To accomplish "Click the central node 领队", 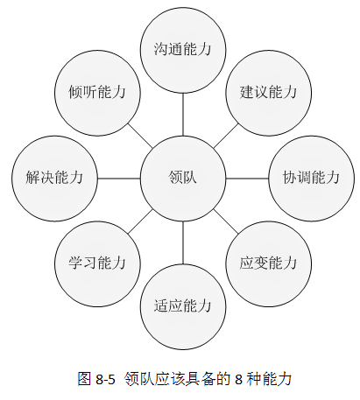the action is pyautogui.click(x=183, y=179).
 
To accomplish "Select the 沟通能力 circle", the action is pyautogui.click(x=183, y=50).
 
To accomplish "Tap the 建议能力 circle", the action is pyautogui.click(x=269, y=93).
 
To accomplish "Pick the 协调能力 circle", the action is pyautogui.click(x=312, y=179).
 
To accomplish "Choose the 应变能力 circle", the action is pyautogui.click(x=269, y=263).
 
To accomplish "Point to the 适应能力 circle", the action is pyautogui.click(x=183, y=306).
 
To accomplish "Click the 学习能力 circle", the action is pyautogui.click(x=97, y=263).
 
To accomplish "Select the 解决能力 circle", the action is pyautogui.click(x=54, y=179).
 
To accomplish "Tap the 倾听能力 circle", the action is pyautogui.click(x=97, y=93).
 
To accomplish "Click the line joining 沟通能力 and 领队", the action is pyautogui.click(x=183, y=115).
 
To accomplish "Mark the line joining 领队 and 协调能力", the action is pyautogui.click(x=247, y=179).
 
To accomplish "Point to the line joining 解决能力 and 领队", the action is pyautogui.click(x=119, y=179).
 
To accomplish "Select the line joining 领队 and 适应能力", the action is pyautogui.click(x=183, y=242).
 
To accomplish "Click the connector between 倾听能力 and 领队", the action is pyautogui.click(x=140, y=136).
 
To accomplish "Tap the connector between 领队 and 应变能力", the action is pyautogui.click(x=226, y=221).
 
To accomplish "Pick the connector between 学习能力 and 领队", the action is pyautogui.click(x=140, y=221).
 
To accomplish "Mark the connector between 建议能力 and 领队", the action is pyautogui.click(x=226, y=136).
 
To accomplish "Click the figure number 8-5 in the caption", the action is pyautogui.click(x=105, y=380).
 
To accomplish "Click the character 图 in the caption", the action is pyautogui.click(x=84, y=379).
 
